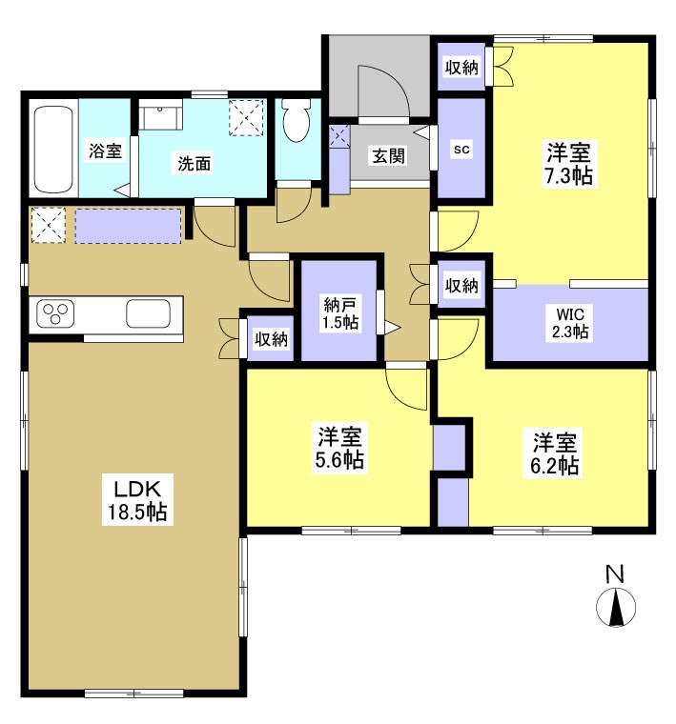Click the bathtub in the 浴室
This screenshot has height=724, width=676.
pyautogui.click(x=53, y=150)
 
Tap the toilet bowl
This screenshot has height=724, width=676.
pyautogui.click(x=297, y=123)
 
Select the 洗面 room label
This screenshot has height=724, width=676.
pyautogui.click(x=193, y=163)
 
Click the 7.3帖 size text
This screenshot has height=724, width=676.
pyautogui.click(x=571, y=176)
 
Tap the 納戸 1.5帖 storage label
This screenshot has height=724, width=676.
pyautogui.click(x=340, y=313)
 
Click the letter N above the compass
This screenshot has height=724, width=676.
pyautogui.click(x=615, y=574)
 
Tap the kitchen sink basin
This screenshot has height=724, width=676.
pyautogui.click(x=148, y=312)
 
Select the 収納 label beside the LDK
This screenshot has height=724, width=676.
pyautogui.click(x=271, y=338)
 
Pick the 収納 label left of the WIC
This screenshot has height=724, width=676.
pyautogui.click(x=461, y=285)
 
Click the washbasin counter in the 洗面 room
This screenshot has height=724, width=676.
pyautogui.click(x=161, y=116)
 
